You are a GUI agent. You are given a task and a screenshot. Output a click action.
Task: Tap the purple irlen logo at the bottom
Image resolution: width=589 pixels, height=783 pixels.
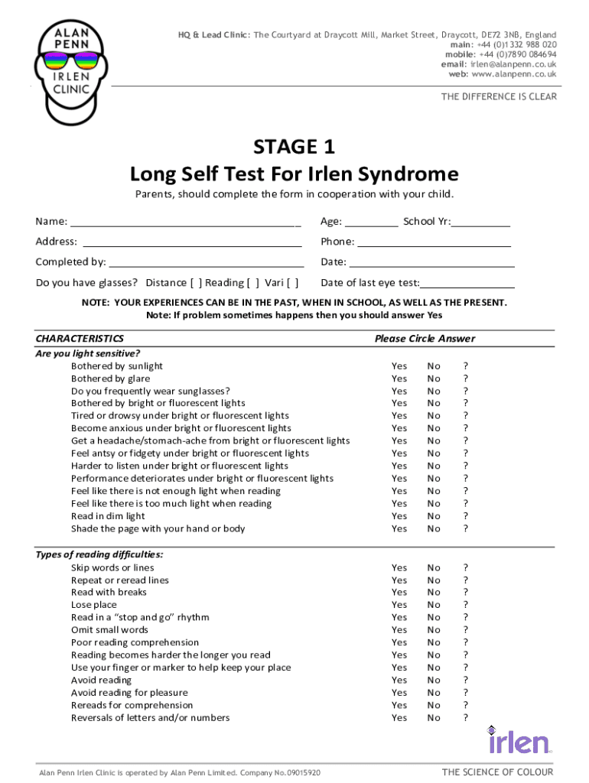coord(519,741)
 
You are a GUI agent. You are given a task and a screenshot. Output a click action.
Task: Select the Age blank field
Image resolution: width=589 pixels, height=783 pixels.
coord(371,225)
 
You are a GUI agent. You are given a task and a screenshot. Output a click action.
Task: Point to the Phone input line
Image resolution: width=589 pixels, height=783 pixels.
coord(434,245)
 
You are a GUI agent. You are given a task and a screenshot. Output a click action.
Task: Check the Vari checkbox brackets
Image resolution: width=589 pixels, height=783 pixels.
coord(292,283)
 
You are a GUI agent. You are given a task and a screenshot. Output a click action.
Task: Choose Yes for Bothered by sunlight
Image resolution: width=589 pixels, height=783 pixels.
coord(399,366)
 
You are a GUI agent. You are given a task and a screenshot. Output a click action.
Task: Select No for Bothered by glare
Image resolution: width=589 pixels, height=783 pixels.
coord(434,379)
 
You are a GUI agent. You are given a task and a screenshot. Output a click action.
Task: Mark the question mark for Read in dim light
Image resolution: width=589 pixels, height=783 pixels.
coord(465,516)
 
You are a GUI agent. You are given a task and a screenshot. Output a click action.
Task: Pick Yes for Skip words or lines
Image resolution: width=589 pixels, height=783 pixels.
coord(399,567)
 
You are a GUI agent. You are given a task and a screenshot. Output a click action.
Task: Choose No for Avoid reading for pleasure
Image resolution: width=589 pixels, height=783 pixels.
coord(434,693)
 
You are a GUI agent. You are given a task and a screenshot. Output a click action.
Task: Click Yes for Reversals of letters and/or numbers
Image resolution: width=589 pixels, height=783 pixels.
coord(399,718)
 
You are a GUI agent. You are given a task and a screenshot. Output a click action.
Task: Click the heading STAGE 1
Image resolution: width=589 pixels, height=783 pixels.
coord(294,146)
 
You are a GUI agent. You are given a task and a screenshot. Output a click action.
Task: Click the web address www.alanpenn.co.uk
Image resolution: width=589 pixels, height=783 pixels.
coord(514,75)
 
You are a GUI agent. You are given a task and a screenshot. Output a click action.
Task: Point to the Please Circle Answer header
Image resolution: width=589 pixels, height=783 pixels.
coord(425,339)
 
